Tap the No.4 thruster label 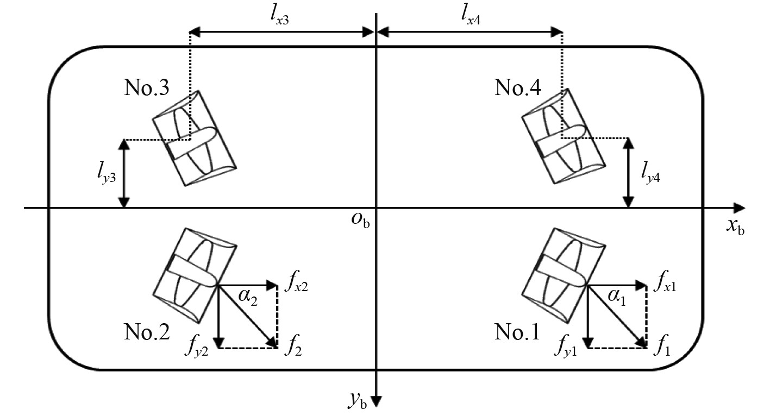(x=517, y=88)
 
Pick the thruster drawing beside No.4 (x=563, y=138)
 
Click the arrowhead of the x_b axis (x=739, y=208)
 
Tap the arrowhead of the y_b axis (x=376, y=402)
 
